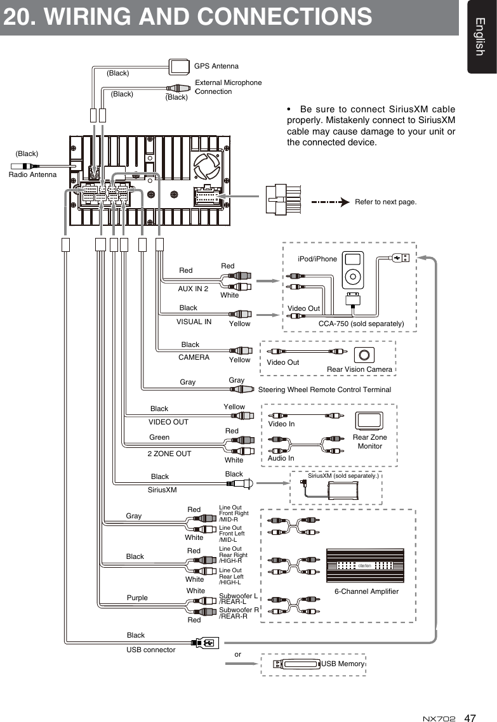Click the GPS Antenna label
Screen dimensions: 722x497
[x=216, y=66]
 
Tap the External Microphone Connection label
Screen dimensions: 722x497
[x=227, y=87]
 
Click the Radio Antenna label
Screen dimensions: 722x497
[x=32, y=174]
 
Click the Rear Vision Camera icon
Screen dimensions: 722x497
[x=364, y=355]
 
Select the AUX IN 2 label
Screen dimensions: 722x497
[x=193, y=289]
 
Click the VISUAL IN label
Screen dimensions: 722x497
[x=194, y=322]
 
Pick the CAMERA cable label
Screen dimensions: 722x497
[x=194, y=357]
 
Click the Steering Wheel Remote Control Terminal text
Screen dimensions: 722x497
[x=324, y=390]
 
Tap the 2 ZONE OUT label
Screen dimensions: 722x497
[x=169, y=454]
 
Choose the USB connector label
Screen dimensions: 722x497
[x=151, y=650]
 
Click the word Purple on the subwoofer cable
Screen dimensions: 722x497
[x=137, y=598]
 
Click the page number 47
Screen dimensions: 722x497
[x=470, y=718]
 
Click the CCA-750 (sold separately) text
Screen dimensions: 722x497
[x=361, y=324]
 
